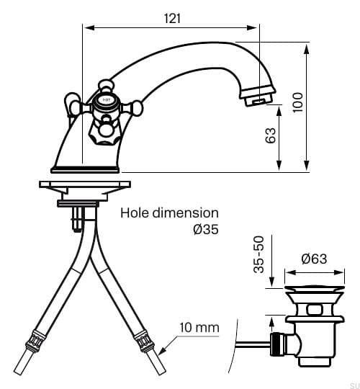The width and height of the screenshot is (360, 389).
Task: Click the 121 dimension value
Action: click(x=172, y=18)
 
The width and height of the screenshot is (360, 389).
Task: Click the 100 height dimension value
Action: click(x=298, y=102)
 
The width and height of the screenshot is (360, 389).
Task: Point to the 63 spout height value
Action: click(x=271, y=135)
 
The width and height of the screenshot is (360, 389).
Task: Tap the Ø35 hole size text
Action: click(x=206, y=229)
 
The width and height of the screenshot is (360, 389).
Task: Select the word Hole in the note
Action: click(x=135, y=213)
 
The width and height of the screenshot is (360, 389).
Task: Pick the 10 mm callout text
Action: click(x=199, y=328)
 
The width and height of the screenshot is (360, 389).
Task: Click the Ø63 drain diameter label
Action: click(x=314, y=259)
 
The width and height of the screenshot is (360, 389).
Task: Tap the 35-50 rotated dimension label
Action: click(x=259, y=255)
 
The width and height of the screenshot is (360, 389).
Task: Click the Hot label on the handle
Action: click(x=106, y=99)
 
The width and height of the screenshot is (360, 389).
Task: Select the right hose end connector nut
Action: click(x=143, y=342)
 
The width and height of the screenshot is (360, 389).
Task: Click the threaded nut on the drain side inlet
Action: click(x=278, y=344)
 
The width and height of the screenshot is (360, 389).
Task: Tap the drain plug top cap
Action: click(x=315, y=288)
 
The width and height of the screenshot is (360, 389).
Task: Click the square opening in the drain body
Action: click(x=315, y=310)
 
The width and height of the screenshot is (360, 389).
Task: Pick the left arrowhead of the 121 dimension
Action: click(x=89, y=27)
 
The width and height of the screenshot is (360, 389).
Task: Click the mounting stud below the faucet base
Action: click(x=77, y=218)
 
